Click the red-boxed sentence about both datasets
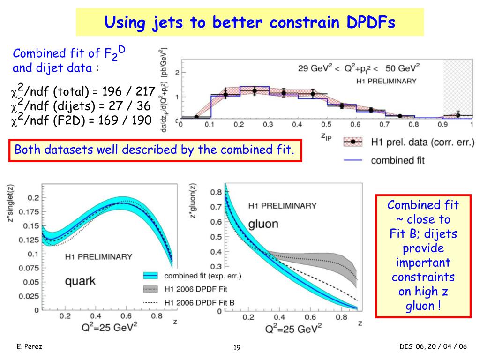(155, 150)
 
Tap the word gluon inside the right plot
(263, 224)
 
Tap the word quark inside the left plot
(80, 281)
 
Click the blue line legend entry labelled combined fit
(397, 160)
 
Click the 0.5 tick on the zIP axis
(326, 125)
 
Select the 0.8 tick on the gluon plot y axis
(216, 192)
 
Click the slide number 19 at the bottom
(237, 347)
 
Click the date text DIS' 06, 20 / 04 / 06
(433, 346)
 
